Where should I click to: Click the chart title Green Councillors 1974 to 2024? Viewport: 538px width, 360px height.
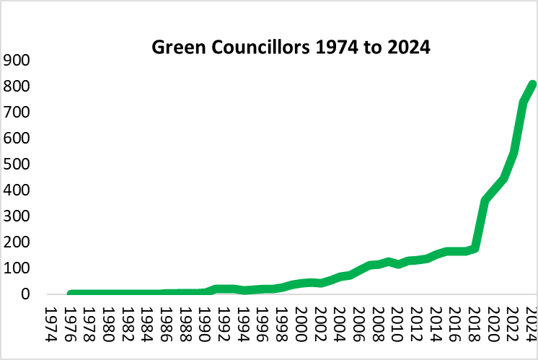(291, 47)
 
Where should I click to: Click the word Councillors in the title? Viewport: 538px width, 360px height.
(260, 47)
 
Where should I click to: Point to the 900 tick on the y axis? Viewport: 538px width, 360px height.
(17, 61)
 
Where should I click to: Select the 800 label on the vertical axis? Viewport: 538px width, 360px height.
(17, 86)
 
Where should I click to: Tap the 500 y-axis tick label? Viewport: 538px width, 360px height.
(17, 164)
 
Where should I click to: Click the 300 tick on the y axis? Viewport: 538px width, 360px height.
(17, 216)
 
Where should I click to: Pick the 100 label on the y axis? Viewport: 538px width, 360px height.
(17, 268)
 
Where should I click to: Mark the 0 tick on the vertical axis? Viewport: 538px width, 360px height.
(25, 294)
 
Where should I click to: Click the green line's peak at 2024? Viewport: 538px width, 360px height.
(532, 84)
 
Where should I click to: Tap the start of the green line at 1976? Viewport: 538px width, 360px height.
(71, 294)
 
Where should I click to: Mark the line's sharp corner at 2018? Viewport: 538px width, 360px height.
(475, 249)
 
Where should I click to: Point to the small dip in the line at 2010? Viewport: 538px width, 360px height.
(398, 265)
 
